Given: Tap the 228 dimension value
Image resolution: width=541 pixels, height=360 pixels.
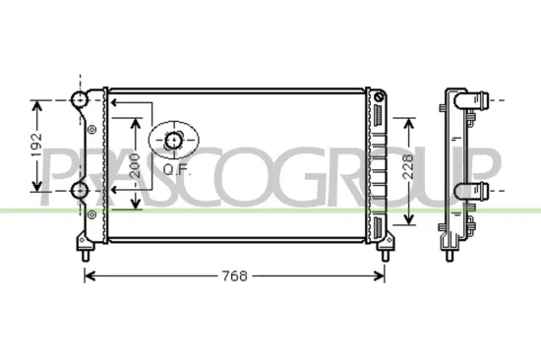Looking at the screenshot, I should pyautogui.click(x=405, y=169).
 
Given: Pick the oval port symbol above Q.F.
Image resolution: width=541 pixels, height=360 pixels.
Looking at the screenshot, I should pyautogui.click(x=174, y=141).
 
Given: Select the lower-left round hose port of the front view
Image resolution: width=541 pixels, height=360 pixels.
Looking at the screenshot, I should pyautogui.click(x=80, y=189).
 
